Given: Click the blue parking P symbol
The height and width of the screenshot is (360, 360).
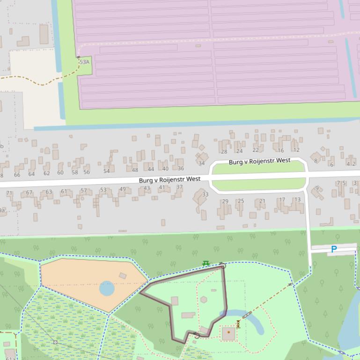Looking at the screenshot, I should click(x=334, y=249).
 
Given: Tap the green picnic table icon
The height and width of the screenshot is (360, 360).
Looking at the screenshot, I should click(x=206, y=264).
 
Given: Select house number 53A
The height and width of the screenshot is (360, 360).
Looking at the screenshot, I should click(x=84, y=62).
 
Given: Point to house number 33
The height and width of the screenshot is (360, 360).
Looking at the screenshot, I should click(x=205, y=194).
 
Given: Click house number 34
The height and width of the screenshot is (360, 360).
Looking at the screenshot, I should click(x=201, y=163).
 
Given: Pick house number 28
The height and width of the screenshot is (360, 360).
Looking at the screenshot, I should click(x=224, y=151).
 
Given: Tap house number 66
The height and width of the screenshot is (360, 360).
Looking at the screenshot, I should click(x=17, y=174).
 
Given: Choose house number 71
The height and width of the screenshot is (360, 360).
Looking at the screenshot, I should click(x=9, y=193).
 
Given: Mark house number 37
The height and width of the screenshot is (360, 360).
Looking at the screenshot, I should click(x=179, y=187).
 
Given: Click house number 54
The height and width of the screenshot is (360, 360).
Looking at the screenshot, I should click(x=106, y=171).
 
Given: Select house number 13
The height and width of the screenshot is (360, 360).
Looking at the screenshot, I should click(x=297, y=200).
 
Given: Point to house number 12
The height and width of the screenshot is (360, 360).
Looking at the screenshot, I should click(x=296, y=150).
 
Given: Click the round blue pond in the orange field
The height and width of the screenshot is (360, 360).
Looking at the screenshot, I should click(x=107, y=288).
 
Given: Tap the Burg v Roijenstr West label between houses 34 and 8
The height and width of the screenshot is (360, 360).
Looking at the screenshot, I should click(x=259, y=161).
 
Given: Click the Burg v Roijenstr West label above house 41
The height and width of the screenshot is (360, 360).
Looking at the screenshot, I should click(x=169, y=179).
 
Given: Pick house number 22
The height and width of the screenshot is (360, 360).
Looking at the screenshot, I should click(x=255, y=150).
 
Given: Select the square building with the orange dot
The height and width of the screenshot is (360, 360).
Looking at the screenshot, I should click(x=228, y=333).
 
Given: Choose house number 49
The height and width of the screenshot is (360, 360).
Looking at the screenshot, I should click(x=122, y=189).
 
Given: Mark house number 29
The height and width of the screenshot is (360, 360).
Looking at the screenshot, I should click(x=225, y=202).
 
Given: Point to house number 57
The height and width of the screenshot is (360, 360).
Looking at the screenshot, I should click(x=83, y=190).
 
